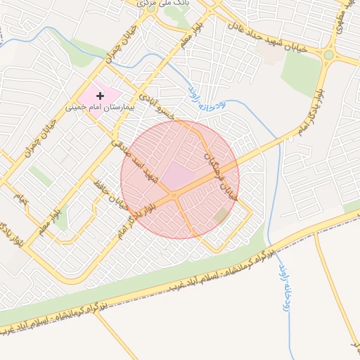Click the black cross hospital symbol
tap(100, 95)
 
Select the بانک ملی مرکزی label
tap(150, 4)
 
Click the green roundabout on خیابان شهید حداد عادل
tap(328, 54)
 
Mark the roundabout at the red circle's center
tap(173, 195)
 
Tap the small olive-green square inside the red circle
tap(222, 214)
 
